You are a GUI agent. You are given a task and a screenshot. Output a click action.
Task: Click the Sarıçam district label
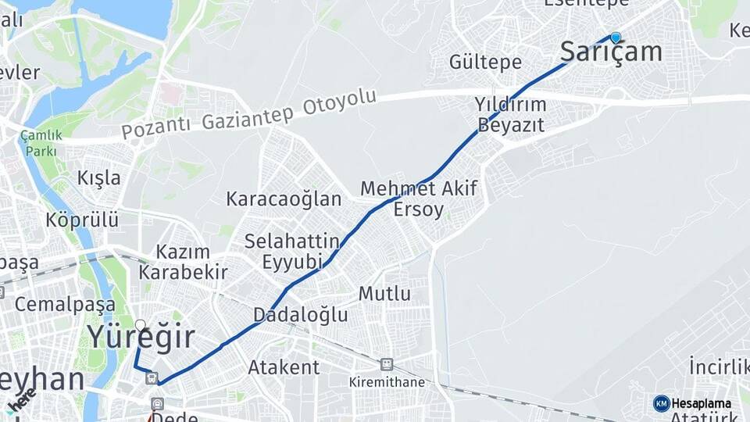pos(612,52)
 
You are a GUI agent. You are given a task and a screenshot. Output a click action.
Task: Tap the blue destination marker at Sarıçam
pos(616,37)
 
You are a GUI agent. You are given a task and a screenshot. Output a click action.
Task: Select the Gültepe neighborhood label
pos(485,62)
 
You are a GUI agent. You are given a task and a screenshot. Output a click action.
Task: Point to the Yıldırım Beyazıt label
pos(511,114)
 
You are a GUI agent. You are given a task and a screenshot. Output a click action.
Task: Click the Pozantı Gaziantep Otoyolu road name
pos(249,115)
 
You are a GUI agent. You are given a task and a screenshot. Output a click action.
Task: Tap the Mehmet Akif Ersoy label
pos(419,198)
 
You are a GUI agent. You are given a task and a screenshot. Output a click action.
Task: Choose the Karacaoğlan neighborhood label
pos(284,198)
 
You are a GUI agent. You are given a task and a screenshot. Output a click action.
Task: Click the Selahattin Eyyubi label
pos(292,251)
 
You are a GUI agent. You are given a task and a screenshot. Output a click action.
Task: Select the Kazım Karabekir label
pos(183,262)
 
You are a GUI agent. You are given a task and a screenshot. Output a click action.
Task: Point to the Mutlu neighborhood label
pos(384,294)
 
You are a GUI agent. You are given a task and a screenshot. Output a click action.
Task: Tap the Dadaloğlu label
pos(300,315)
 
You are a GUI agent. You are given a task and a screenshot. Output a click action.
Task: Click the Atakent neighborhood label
pos(284,367)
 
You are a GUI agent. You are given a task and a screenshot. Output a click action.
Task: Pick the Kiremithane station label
pos(387,382)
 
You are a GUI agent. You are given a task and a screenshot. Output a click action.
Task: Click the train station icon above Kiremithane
pos(386,364)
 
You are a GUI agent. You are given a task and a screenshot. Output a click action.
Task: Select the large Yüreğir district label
pos(141,338)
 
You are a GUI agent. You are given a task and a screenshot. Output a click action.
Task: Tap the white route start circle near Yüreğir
pos(140,324)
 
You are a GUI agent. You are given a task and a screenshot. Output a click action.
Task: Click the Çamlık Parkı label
pos(41,142)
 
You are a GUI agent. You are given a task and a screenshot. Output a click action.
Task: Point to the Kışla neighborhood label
pos(99,177)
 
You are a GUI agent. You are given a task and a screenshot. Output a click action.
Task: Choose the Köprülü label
pos(82,219)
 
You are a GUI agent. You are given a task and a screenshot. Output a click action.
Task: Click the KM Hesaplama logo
pos(692,403)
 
